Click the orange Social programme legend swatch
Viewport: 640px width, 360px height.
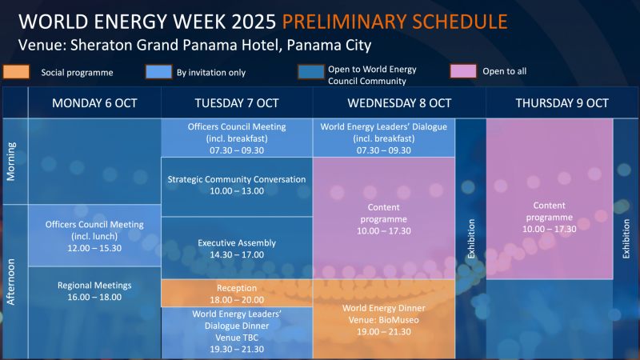coord(16,72)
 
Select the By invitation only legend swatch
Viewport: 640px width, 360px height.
coord(158,72)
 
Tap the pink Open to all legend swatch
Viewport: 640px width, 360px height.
coord(463,71)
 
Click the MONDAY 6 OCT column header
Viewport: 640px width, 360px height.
coord(94,103)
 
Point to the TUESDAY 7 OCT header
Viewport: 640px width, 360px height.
coord(237,103)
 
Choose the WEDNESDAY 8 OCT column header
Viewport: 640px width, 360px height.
coord(399,103)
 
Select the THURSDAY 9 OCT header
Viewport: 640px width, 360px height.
coord(562,103)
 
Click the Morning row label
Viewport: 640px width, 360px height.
coord(11,162)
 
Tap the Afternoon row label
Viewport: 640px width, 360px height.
coord(11,282)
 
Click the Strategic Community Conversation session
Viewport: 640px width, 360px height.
coord(237,186)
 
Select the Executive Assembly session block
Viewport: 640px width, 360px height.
coord(237,248)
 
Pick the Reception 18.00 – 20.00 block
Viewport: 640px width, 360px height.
coord(237,293)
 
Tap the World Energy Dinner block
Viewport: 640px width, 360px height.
coord(384,319)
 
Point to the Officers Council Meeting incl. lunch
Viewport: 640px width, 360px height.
coord(94,235)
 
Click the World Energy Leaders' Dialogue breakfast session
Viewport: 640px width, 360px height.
coord(384,138)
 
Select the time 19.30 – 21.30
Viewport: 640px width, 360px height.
coord(237,349)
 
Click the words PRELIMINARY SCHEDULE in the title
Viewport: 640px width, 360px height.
coord(394,22)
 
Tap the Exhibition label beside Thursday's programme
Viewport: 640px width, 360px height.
coord(626,238)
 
